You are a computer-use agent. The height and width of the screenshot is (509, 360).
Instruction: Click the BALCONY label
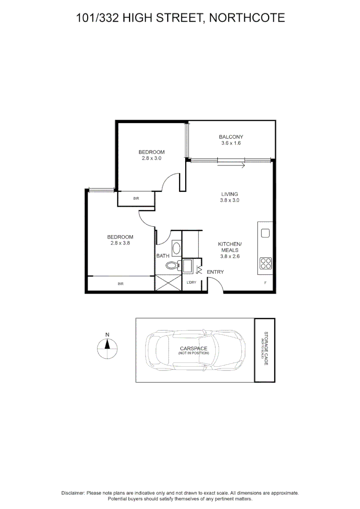tap(231, 137)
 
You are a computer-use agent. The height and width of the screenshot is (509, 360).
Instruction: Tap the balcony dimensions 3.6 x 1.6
tap(231, 143)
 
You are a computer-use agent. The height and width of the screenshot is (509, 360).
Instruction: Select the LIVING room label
tap(230, 194)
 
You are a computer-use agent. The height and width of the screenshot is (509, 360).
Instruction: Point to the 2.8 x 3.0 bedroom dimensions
tap(151, 158)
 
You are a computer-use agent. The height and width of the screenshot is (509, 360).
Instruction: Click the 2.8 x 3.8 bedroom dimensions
tap(120, 243)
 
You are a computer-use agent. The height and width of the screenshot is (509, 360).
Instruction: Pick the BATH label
tap(163, 256)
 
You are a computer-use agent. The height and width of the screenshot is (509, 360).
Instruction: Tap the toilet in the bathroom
tap(172, 266)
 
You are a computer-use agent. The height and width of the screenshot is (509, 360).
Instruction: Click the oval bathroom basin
tap(176, 248)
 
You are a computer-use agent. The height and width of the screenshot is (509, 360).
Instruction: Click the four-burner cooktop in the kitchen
tap(265, 263)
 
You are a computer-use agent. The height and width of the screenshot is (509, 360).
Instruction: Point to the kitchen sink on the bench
tap(265, 233)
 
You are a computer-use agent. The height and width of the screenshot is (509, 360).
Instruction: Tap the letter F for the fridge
tap(265, 283)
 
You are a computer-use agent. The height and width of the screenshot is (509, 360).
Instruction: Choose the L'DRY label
tap(191, 282)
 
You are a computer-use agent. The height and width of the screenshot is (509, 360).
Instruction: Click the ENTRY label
tap(215, 272)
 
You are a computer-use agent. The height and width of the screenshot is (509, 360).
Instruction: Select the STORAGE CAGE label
tap(266, 349)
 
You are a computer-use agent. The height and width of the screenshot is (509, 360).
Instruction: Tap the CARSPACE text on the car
tap(193, 348)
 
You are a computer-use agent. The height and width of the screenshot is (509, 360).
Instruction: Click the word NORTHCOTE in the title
tap(247, 18)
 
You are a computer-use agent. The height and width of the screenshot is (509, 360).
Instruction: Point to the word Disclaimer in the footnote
tap(73, 493)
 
